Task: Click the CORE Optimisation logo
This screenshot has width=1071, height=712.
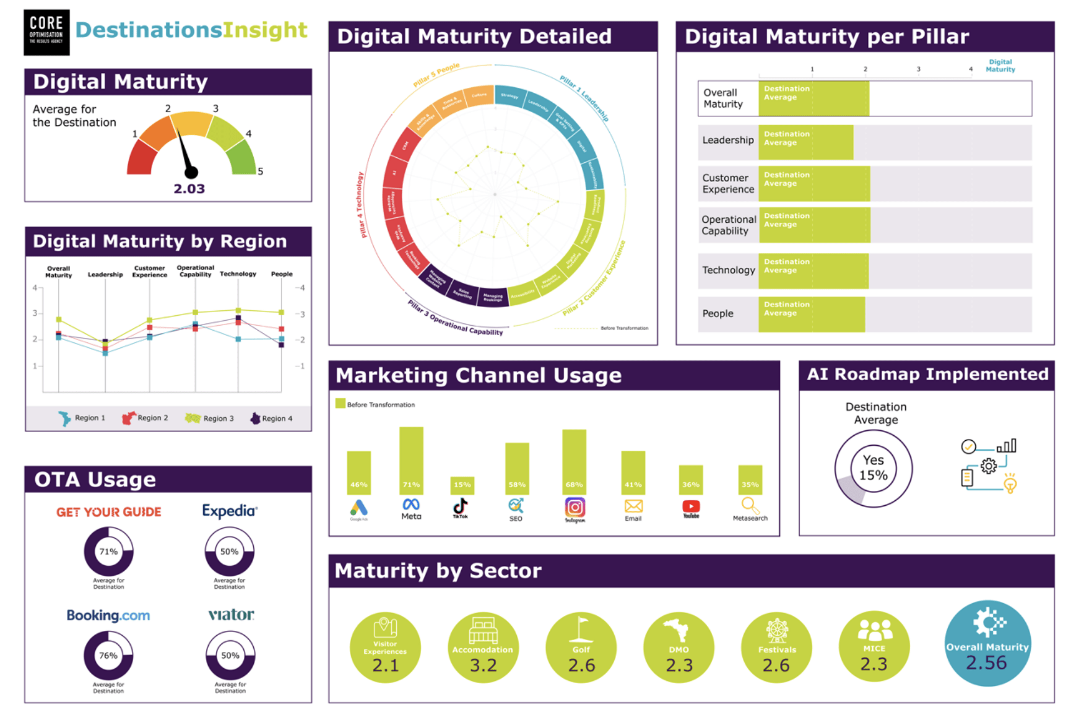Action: [x=46, y=32]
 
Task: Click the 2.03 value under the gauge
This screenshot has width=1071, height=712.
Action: [x=189, y=189]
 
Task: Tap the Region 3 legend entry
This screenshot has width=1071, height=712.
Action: [x=210, y=419]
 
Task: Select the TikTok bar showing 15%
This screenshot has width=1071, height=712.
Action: [x=462, y=485]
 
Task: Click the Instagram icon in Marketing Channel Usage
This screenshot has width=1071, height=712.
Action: [x=575, y=508]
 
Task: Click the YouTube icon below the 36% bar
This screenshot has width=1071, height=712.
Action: [x=691, y=507]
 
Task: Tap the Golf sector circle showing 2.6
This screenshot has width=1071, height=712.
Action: [x=581, y=648]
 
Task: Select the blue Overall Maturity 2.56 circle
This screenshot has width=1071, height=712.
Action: [x=987, y=644]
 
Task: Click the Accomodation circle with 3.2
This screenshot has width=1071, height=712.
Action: [x=483, y=648]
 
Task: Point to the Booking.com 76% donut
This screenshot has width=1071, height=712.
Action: [x=108, y=656]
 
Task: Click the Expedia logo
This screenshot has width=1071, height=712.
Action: [x=230, y=511]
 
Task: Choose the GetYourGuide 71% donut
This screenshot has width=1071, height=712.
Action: [x=108, y=551]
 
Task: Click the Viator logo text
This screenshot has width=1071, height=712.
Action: [x=231, y=615]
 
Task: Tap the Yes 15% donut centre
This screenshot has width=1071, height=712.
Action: [x=873, y=468]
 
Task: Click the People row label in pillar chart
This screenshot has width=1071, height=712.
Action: [x=718, y=314]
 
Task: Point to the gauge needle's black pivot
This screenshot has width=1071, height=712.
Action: [x=191, y=172]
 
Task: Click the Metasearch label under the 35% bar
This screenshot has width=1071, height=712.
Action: [x=750, y=518]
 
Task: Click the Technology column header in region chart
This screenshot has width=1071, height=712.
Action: [x=238, y=274]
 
